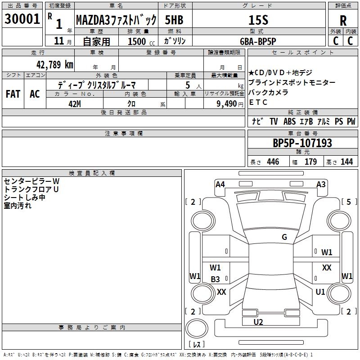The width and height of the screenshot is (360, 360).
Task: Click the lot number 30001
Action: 22,20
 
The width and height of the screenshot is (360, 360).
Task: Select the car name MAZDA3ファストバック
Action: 116,20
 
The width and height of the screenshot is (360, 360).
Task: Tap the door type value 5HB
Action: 173,20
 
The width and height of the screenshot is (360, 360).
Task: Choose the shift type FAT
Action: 13,94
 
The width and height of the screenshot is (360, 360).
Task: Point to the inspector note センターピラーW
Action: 31,181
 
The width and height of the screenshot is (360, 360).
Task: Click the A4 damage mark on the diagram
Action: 220,184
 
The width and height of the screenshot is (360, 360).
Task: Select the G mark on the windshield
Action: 284,237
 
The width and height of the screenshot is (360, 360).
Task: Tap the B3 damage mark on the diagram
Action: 216,279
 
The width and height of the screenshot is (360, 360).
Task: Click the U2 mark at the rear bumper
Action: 258,321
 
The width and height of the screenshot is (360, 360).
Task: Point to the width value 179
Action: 310,162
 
